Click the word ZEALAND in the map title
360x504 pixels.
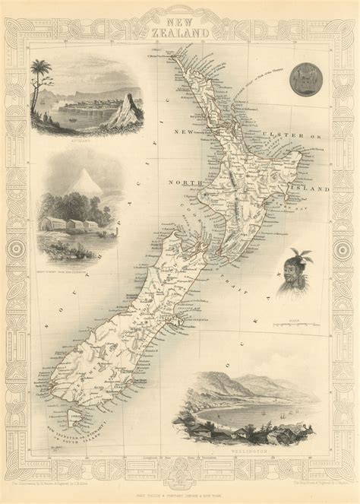(180, 24)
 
